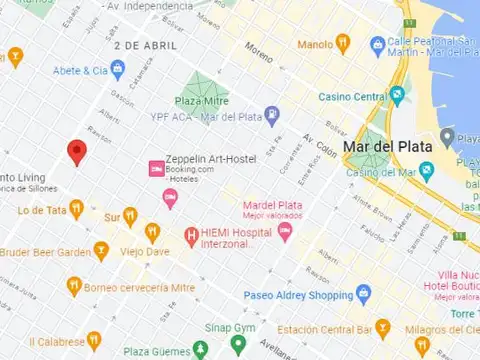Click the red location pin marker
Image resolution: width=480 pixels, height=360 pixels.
(77, 152)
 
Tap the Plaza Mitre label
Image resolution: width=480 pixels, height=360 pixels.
(202, 101)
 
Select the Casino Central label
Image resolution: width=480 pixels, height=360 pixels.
(352, 97)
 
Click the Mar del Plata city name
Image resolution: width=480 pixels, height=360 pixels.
(387, 146)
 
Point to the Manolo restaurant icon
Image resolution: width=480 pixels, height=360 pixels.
(343, 43)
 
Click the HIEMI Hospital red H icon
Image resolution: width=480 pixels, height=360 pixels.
(191, 238)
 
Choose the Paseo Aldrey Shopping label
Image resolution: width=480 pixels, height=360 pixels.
(299, 295)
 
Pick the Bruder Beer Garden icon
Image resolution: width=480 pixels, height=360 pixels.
(100, 251)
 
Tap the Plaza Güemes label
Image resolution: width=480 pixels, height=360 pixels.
(155, 352)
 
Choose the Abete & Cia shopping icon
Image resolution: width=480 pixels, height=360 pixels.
(118, 70)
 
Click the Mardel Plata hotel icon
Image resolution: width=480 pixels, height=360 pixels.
(285, 232)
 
